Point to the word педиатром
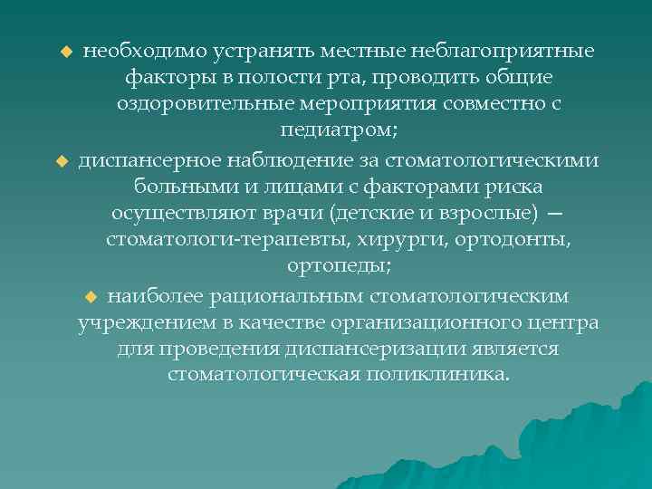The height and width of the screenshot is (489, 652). [x=336, y=132]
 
